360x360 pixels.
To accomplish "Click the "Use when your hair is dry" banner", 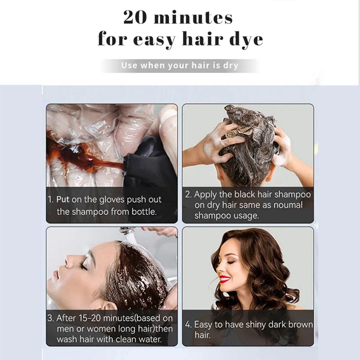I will click(x=180, y=66).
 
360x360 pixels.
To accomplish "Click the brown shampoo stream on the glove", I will click(x=93, y=157).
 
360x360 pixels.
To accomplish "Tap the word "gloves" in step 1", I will click(x=109, y=200).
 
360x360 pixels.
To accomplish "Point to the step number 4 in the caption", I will click(x=188, y=325).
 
